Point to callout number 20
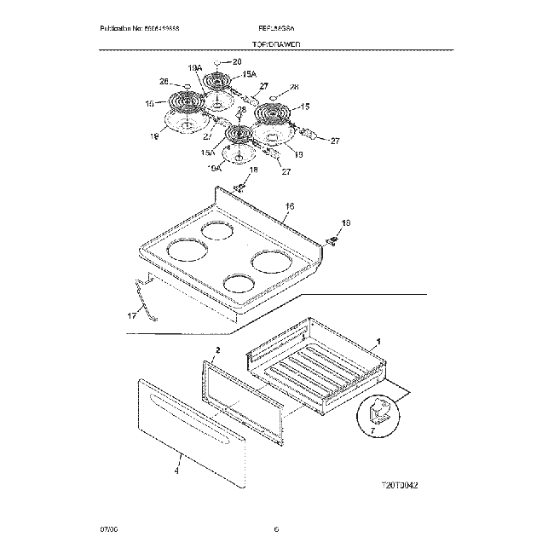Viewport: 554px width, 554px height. point(237,61)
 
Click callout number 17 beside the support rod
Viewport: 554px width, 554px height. point(131,316)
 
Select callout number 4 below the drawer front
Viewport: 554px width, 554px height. point(177,470)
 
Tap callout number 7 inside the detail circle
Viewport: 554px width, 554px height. point(372,432)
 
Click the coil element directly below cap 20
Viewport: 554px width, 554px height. point(218,85)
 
